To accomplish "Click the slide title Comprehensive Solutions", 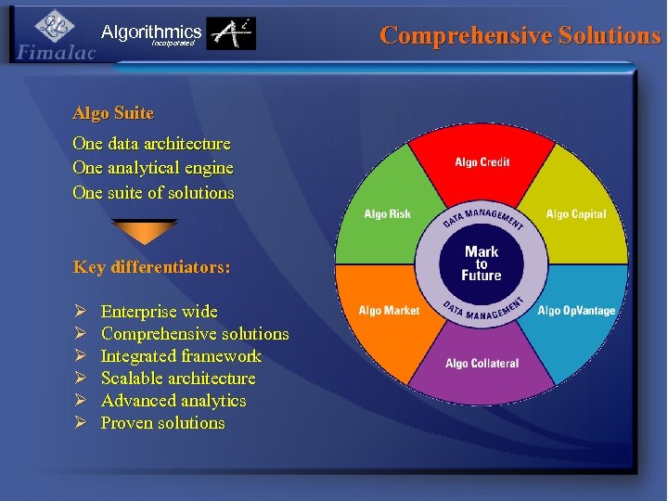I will click(x=520, y=35).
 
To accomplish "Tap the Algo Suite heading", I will click(x=113, y=113).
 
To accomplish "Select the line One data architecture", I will click(x=151, y=144).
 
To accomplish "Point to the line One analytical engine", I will click(x=153, y=168).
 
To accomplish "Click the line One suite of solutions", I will click(x=153, y=193).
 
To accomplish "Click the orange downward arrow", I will click(x=144, y=231).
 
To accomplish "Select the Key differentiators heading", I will click(x=151, y=267).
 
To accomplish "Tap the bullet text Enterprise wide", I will click(x=159, y=312).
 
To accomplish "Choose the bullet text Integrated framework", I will click(x=181, y=356).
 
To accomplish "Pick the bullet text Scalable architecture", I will click(x=178, y=379).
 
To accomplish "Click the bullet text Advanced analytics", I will click(x=173, y=401).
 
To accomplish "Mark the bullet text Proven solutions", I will click(x=162, y=423).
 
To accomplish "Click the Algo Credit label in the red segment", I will click(x=482, y=163).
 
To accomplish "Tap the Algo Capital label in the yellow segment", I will click(x=575, y=214).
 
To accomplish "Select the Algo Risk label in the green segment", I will click(x=387, y=214).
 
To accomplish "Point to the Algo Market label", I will click(x=389, y=311).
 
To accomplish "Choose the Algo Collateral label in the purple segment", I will click(x=482, y=364).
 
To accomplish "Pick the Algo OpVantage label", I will click(x=576, y=311).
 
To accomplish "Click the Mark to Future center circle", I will click(x=482, y=263).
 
